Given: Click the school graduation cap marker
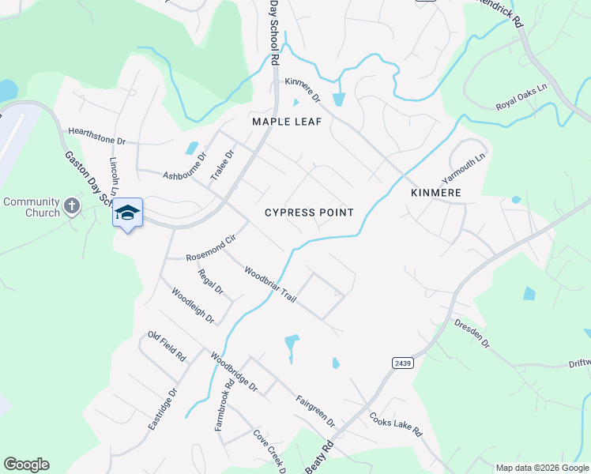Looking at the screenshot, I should pos(127,213).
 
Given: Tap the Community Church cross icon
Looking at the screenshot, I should pos(71,207).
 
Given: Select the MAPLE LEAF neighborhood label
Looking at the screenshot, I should pos(283,122).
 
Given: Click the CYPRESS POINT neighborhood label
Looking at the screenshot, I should pos(309,213).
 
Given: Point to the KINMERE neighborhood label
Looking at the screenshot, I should pos(436,193).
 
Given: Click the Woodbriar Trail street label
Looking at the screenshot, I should pos(269,284).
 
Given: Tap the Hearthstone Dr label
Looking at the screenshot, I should pos(96,135).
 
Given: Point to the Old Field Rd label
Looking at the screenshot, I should pos(166,346).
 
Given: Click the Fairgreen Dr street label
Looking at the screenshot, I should pos(315,411).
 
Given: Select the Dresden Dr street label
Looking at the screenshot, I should pos(472,333).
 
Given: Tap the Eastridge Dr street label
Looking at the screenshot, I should pos(162,408).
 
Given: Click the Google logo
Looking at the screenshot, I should pos(26,465).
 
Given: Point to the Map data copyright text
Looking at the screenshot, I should pos(542,468).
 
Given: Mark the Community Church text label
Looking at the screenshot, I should pos(32,207).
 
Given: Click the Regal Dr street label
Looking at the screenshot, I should pos(210,282).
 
